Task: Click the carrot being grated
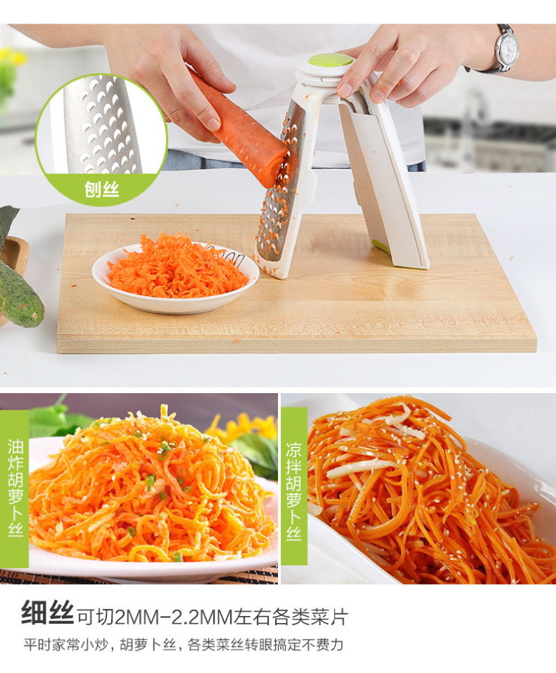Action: (x=238, y=128)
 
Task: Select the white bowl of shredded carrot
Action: (x=175, y=277)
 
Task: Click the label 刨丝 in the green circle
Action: (x=101, y=189)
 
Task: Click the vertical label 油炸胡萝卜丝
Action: (x=15, y=487)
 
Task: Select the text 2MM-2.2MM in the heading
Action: (x=174, y=617)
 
